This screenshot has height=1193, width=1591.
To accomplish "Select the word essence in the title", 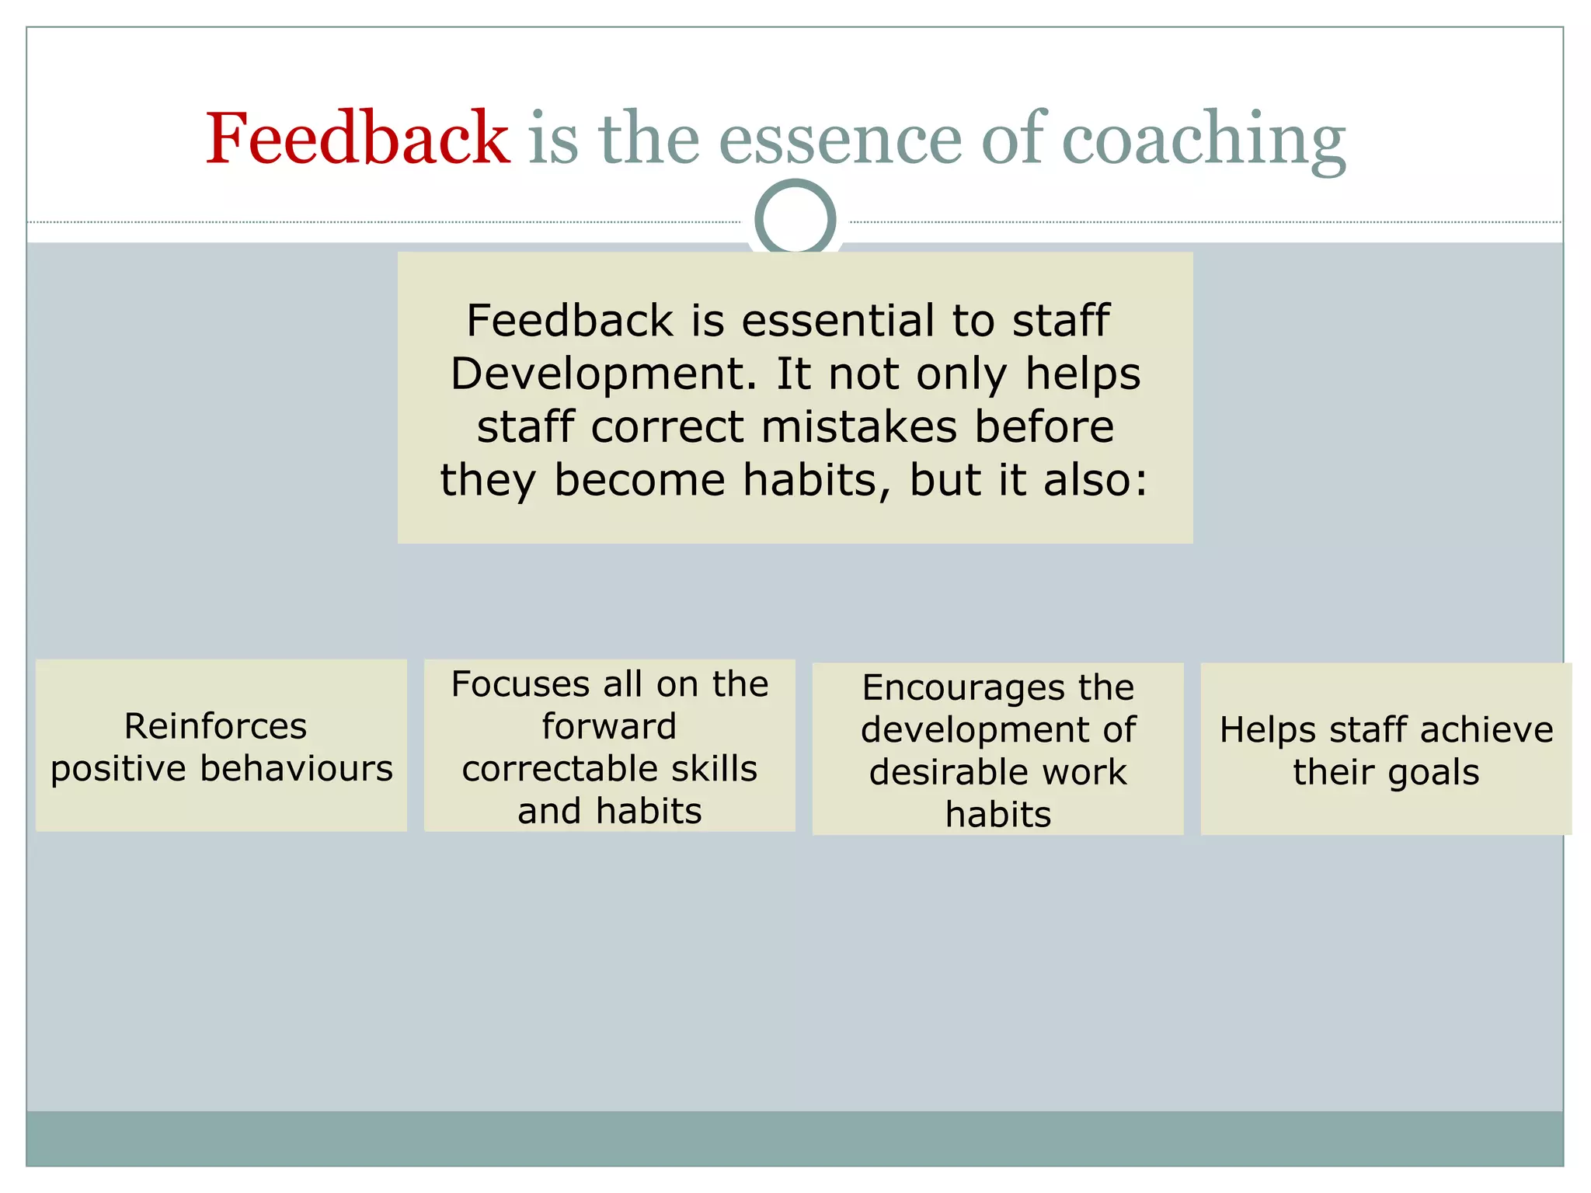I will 840,140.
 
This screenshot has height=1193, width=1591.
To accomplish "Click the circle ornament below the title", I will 795,218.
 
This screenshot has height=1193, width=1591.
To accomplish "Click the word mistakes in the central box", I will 858,426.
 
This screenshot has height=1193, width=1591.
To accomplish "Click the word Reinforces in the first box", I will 215,726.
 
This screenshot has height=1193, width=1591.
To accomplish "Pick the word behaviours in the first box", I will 296,768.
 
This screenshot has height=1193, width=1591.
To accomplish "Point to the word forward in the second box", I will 609,726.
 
